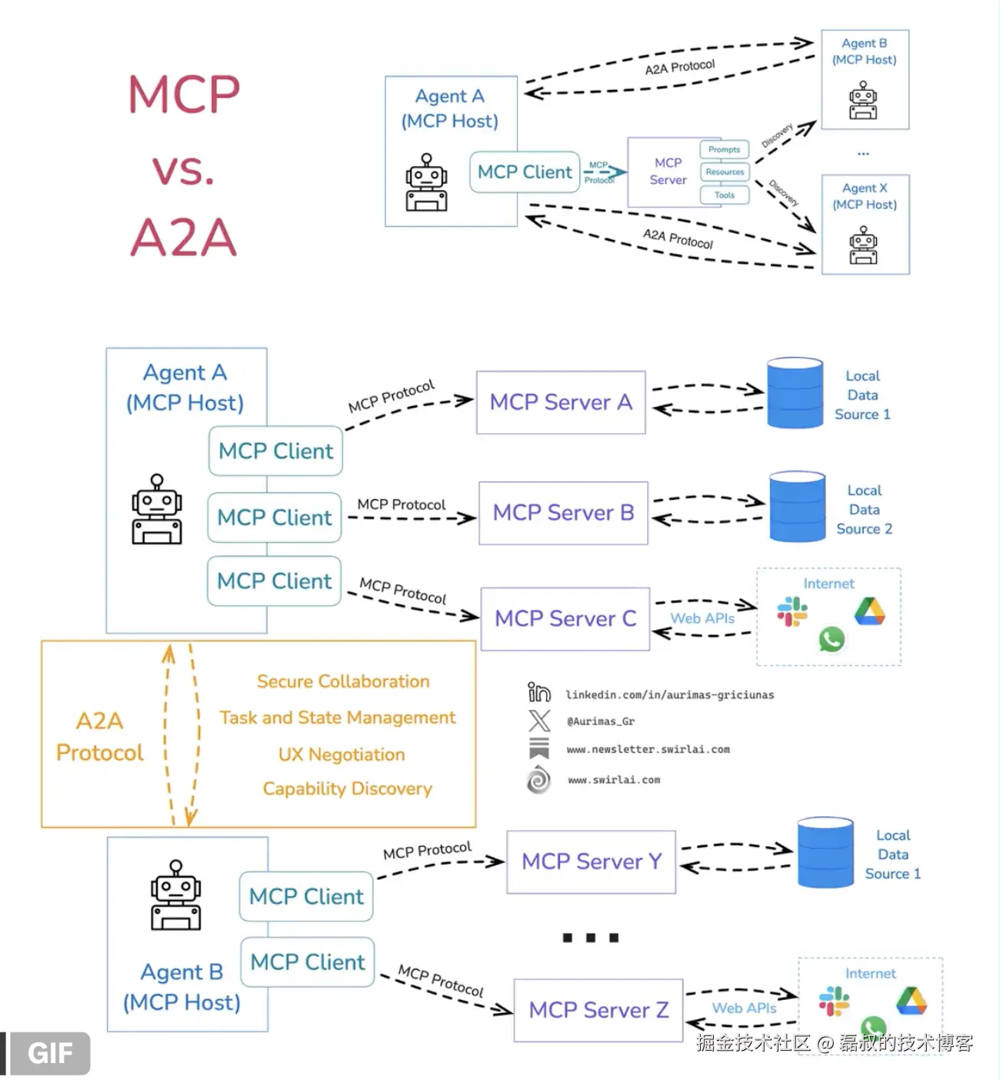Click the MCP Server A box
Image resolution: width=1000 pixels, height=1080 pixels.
pos(561,402)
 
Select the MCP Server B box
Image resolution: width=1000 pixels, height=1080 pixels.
pos(563,513)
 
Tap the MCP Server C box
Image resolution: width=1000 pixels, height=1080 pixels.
pos(565,618)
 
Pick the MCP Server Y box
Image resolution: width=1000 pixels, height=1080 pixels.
pos(591,862)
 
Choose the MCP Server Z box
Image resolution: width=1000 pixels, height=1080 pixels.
pos(598,1010)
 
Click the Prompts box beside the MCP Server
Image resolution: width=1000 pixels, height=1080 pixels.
pos(724,149)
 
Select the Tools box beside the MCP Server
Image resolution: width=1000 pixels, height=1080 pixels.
pos(724,195)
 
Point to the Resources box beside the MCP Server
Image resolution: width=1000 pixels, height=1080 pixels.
pos(725,172)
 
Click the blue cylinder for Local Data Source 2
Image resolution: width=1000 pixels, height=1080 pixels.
pos(797,507)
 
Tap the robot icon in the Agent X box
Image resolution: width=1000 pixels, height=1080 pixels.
pos(863,245)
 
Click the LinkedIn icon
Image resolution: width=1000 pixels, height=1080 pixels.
pos(538,692)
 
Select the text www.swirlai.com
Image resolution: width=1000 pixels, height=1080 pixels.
pos(614,780)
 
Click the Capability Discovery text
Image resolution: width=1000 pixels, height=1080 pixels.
pos(347,788)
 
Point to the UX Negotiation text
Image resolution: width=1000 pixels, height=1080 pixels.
pos(342,755)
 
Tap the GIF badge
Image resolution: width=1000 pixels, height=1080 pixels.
pos(49,1053)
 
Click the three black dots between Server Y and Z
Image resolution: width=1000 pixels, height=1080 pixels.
pos(591,938)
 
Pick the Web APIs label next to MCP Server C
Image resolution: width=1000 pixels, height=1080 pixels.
pos(702,618)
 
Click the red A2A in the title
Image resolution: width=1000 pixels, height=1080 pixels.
pos(183,237)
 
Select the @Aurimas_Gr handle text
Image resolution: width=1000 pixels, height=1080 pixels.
pos(600,722)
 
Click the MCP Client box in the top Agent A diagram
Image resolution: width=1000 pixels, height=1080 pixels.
pos(525,172)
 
